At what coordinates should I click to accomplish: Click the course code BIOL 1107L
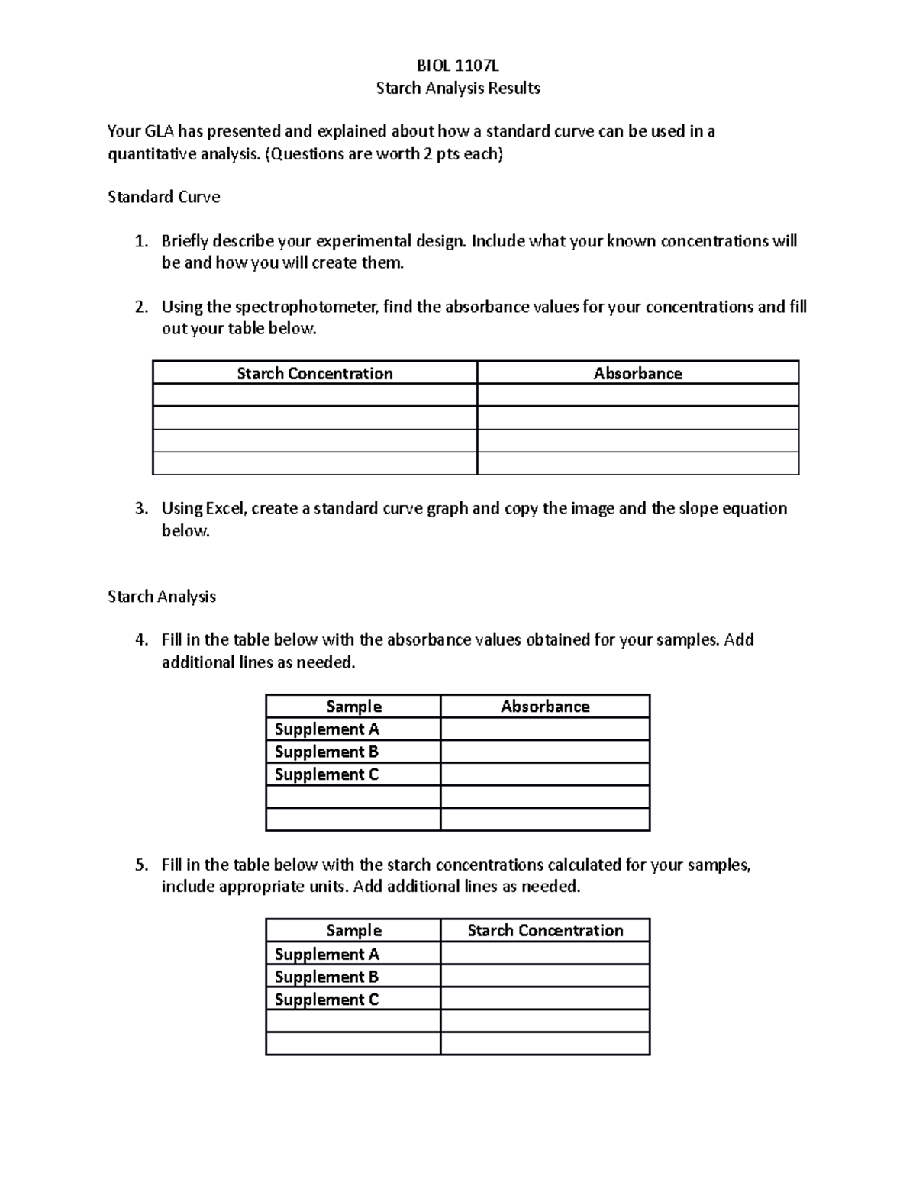click(457, 66)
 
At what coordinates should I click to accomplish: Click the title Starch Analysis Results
click(457, 88)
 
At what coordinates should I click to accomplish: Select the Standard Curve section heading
click(163, 197)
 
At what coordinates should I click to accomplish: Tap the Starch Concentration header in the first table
click(314, 373)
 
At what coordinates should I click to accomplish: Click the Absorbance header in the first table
click(637, 373)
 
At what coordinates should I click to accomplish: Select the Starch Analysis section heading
click(162, 597)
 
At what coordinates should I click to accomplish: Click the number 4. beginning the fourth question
click(141, 639)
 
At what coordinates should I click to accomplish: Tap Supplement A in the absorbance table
click(327, 729)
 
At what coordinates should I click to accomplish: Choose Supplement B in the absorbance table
click(326, 752)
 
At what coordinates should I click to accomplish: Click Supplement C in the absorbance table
click(326, 774)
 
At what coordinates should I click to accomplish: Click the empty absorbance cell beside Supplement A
click(545, 729)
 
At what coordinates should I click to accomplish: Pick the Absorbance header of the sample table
click(545, 707)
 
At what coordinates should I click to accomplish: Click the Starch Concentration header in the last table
click(545, 930)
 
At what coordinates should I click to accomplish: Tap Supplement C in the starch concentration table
click(326, 999)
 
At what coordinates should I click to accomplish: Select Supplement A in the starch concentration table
click(327, 954)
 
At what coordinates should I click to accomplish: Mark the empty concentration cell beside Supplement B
click(545, 977)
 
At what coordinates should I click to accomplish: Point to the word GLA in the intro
click(159, 131)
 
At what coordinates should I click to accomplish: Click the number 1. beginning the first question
click(141, 241)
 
